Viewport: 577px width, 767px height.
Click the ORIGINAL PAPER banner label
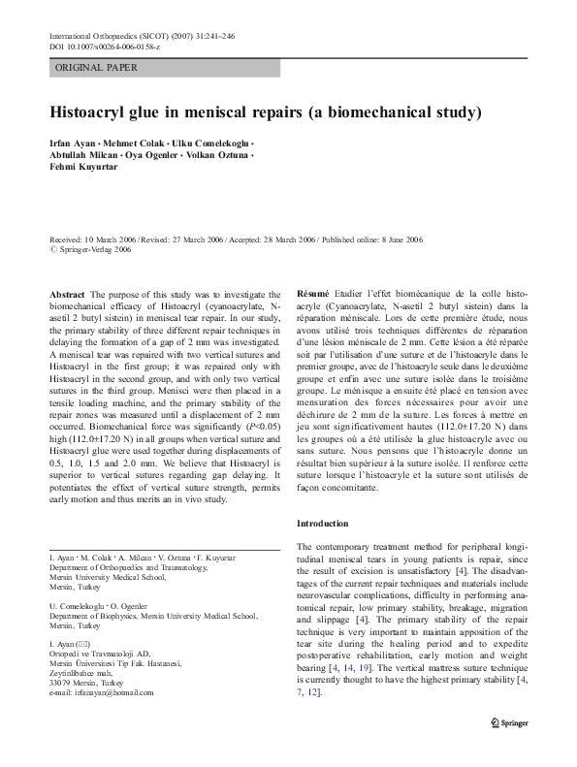(x=96, y=68)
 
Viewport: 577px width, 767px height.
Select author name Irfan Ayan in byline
(x=75, y=141)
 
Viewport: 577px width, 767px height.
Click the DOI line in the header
(x=104, y=47)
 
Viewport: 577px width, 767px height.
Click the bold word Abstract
(x=67, y=294)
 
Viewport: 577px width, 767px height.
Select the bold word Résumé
(x=313, y=294)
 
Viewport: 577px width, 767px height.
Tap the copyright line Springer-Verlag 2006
(x=95, y=248)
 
